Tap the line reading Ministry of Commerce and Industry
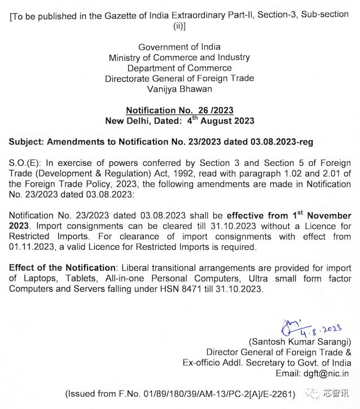(179, 58)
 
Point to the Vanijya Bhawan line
(179, 89)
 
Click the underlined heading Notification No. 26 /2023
(179, 111)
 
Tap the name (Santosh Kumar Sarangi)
(304, 342)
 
